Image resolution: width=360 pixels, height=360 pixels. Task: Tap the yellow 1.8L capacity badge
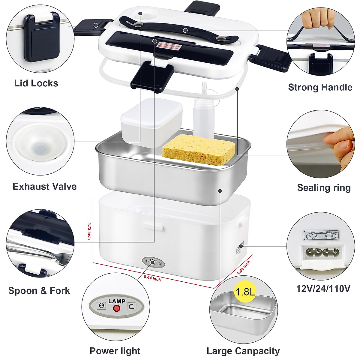point(245,291)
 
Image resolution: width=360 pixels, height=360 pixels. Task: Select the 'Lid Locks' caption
point(36,83)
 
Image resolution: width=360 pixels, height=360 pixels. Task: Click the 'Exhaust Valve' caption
point(44,187)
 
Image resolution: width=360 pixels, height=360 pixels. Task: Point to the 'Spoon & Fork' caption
point(39,290)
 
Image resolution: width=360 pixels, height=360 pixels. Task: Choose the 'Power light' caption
point(115,342)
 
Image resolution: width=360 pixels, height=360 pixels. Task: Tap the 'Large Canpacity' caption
point(243,342)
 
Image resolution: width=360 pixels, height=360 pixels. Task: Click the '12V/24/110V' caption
point(323,289)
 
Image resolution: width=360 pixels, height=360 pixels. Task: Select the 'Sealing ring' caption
point(324,187)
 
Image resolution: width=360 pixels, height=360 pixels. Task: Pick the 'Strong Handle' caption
point(320,87)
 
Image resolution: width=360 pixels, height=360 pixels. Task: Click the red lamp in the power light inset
point(116,308)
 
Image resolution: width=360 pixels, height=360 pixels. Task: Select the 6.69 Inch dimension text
point(244,268)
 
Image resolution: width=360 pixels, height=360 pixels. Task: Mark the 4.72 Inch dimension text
point(89,230)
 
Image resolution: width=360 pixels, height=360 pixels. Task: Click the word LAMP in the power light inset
point(117,301)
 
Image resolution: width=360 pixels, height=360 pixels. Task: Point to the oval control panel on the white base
point(153,262)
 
